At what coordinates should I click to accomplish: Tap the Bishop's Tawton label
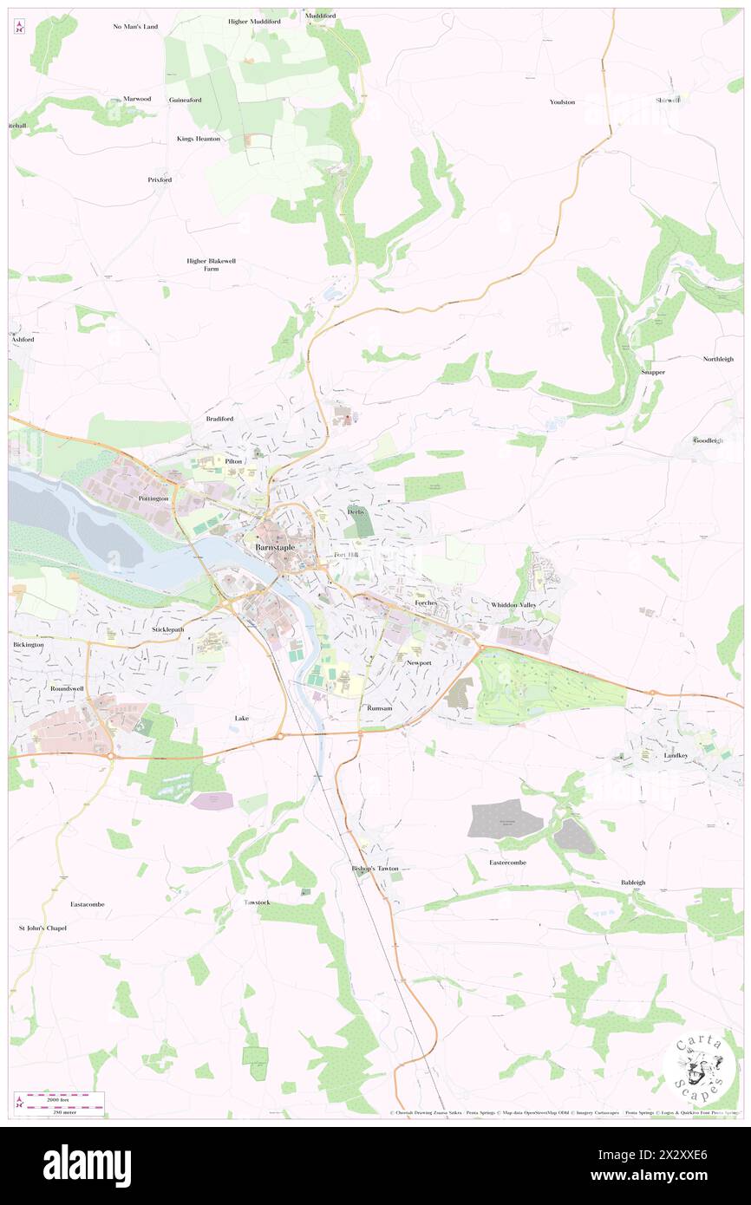[x=375, y=868]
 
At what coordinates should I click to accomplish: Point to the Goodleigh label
[x=708, y=440]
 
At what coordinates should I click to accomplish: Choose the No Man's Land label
[x=135, y=27]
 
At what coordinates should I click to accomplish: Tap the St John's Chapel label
[x=42, y=928]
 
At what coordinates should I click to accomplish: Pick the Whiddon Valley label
[x=513, y=604]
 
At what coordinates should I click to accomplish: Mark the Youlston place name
[x=562, y=101]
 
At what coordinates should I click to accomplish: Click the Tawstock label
[x=257, y=902]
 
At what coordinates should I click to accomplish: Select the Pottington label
[x=154, y=500]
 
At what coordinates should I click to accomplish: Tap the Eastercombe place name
[x=507, y=863]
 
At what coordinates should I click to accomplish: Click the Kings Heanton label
[x=199, y=139]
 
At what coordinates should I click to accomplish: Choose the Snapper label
[x=653, y=372]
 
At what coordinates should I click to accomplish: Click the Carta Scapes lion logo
[x=698, y=1067]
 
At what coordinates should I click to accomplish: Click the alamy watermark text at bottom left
[x=87, y=1166]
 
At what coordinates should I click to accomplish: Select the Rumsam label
[x=380, y=708]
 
